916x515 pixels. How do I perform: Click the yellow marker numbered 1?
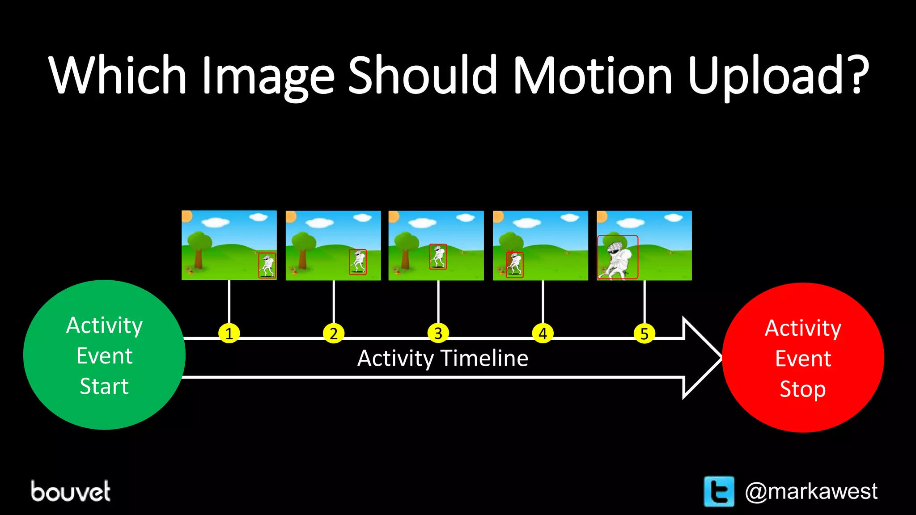229,333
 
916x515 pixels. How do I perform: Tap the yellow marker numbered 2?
334,333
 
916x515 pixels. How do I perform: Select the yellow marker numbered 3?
438,333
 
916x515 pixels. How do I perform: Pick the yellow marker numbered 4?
543,333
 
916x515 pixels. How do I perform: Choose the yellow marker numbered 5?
645,333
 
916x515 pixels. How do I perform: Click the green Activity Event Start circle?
104,355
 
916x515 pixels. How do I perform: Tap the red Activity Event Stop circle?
803,358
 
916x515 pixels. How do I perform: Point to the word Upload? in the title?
778,76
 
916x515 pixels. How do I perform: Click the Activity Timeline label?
443,359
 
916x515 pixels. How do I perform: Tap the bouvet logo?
71,491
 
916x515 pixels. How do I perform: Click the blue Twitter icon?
719,491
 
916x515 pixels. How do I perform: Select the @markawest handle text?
811,491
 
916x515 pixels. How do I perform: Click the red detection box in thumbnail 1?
267,265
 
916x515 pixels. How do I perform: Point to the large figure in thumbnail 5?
618,257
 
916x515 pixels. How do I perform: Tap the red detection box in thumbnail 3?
438,256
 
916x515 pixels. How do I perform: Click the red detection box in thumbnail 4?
514,265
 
